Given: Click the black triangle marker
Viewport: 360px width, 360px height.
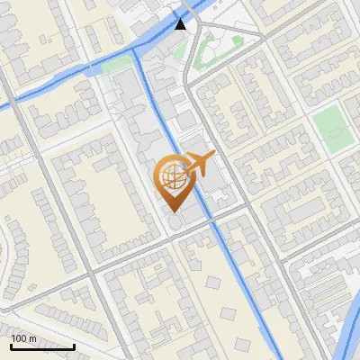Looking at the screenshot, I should coord(181,24).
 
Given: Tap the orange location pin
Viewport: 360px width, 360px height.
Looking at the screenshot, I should coord(172,180).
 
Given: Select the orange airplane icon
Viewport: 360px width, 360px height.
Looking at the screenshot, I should coord(200,167).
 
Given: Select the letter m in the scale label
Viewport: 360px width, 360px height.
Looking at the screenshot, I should coord(32,338).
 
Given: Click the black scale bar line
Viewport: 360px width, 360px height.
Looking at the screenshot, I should coord(42,346).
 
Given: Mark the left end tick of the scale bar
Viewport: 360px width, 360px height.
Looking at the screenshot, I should coord(11,345).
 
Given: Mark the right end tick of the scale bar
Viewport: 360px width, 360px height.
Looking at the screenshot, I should coord(74,345).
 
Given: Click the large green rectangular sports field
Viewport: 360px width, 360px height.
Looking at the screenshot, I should coord(330,127).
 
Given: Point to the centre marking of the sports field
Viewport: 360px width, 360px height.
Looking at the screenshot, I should coord(330,127).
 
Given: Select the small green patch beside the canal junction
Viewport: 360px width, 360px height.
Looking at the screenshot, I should coord(114,65).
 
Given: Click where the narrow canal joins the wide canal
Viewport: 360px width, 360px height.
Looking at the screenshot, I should coord(135,50).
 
